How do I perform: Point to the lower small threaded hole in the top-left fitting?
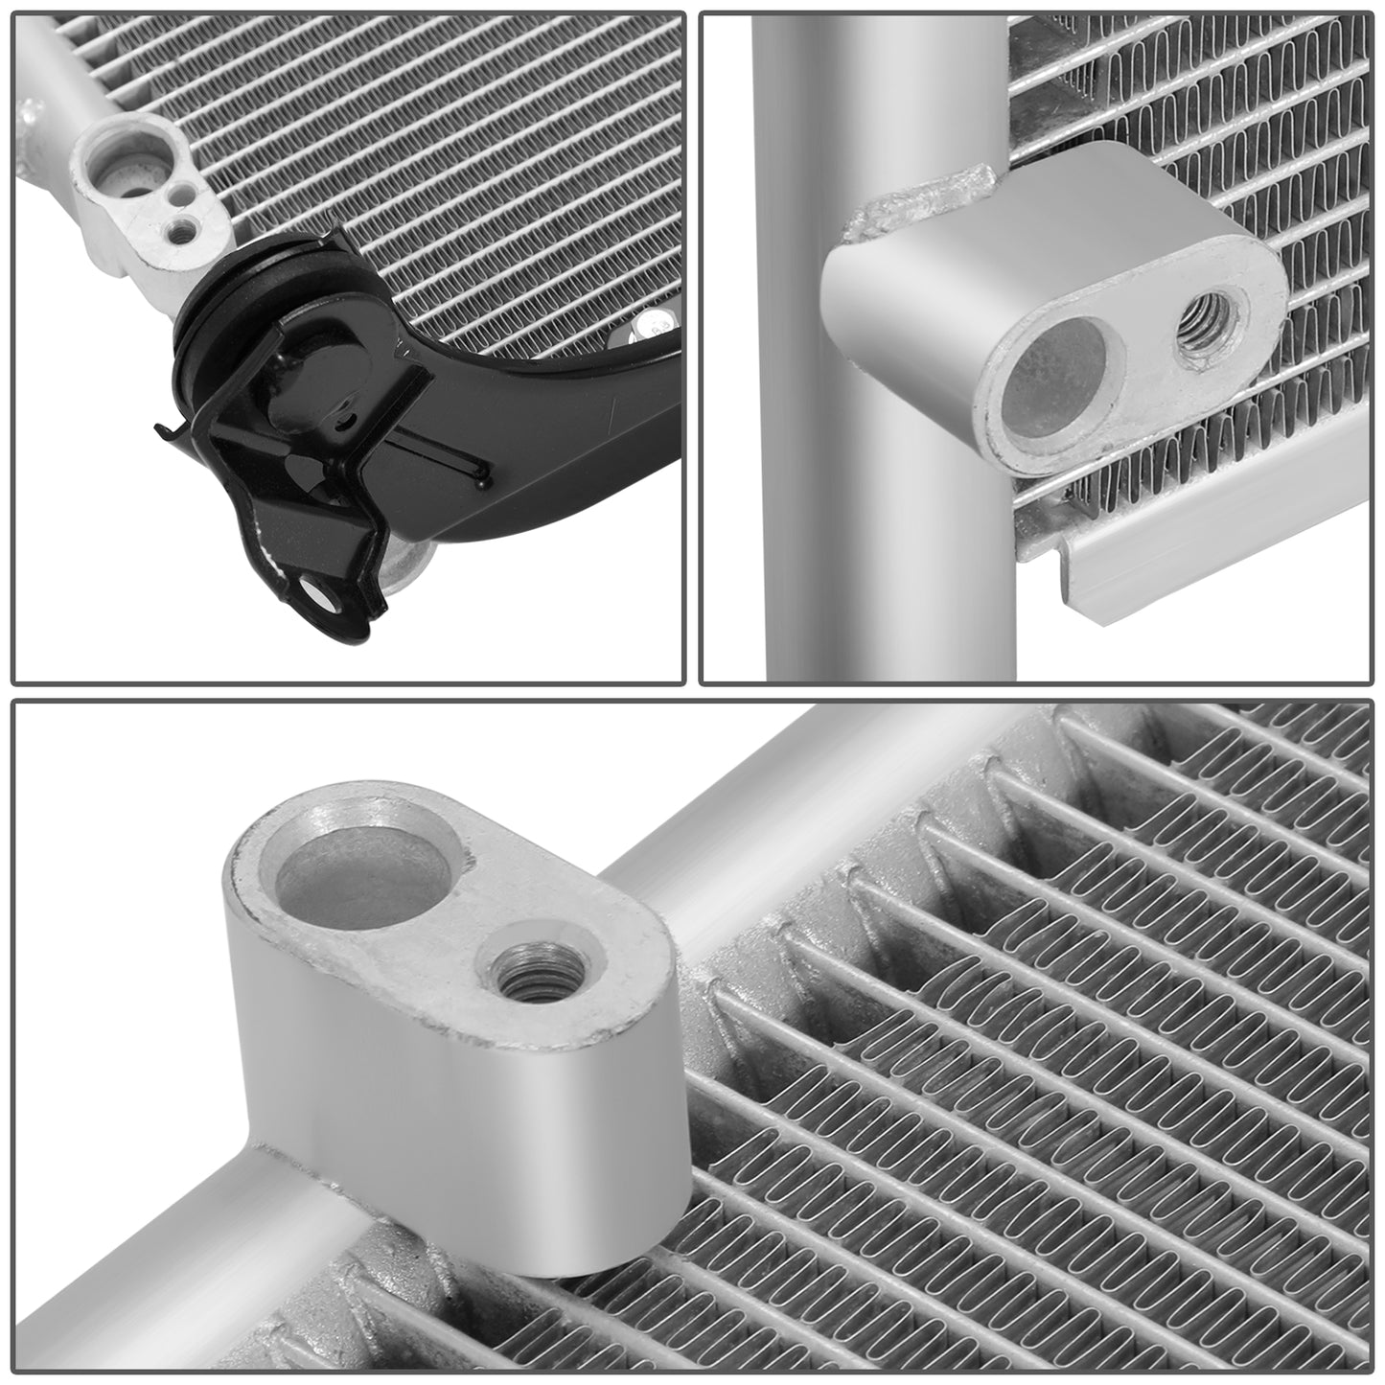[177, 229]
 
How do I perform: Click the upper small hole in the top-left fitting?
[174, 196]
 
